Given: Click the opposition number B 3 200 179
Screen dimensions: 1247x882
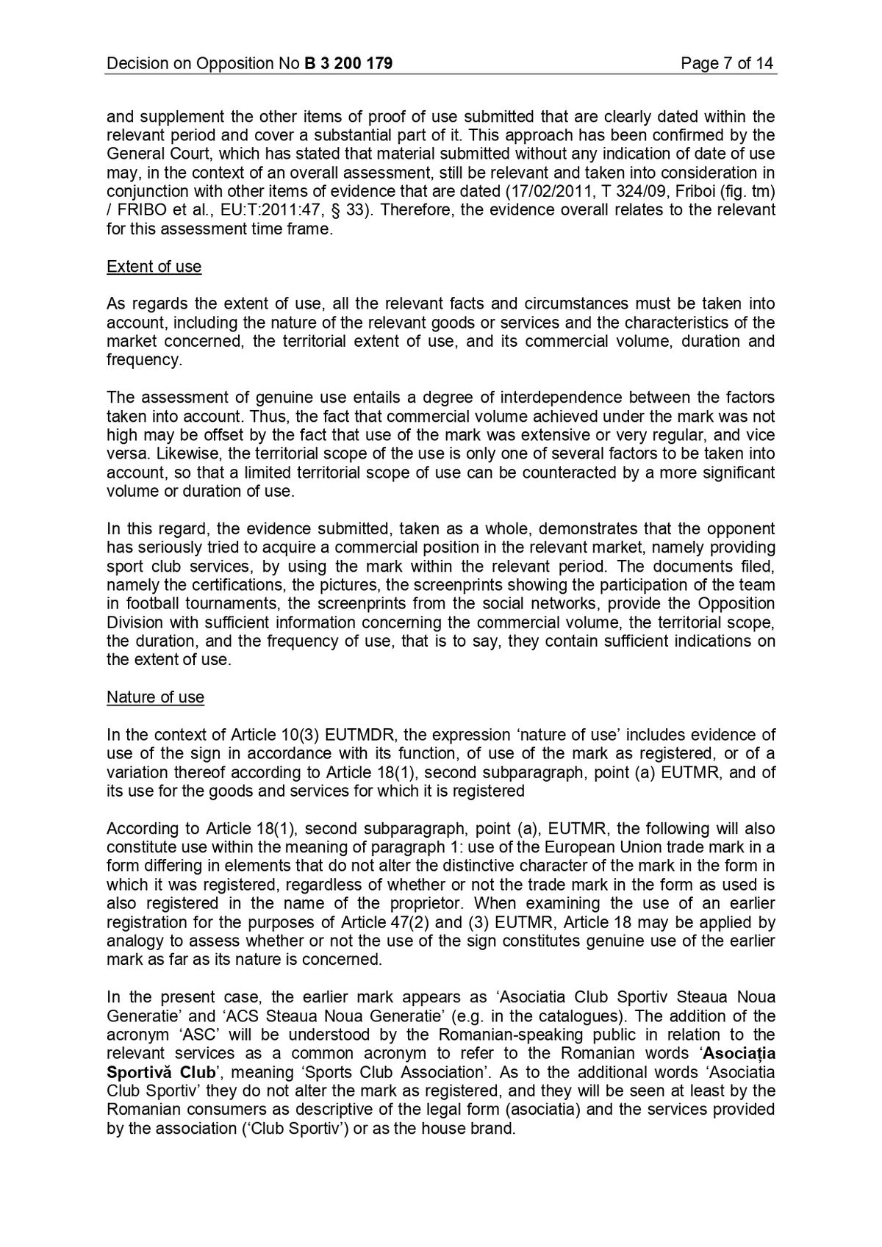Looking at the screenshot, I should [x=348, y=63].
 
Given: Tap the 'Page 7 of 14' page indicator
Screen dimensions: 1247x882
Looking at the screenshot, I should [x=727, y=63].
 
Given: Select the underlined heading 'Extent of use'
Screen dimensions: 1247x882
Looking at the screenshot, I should [x=154, y=266].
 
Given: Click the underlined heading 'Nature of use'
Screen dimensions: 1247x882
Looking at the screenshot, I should [x=155, y=697].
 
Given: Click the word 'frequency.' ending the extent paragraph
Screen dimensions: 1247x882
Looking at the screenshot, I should [x=143, y=359].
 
